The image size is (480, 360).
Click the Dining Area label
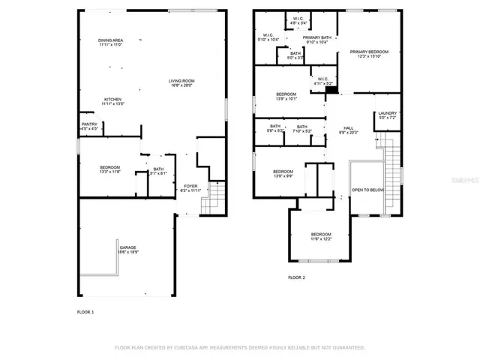click(110, 42)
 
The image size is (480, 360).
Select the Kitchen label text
click(113, 100)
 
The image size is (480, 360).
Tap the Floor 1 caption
click(85, 311)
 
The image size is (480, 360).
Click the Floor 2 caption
click(297, 277)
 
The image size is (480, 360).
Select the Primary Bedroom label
click(367, 53)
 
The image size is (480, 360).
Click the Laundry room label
click(387, 115)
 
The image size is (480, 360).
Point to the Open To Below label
click(367, 190)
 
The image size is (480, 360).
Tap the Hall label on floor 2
click(348, 129)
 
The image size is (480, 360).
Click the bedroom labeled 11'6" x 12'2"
click(321, 236)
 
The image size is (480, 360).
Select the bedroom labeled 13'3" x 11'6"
click(110, 169)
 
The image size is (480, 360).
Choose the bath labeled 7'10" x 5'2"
click(301, 128)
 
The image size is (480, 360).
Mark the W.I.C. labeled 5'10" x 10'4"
click(268, 37)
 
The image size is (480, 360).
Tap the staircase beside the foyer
click(215, 196)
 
